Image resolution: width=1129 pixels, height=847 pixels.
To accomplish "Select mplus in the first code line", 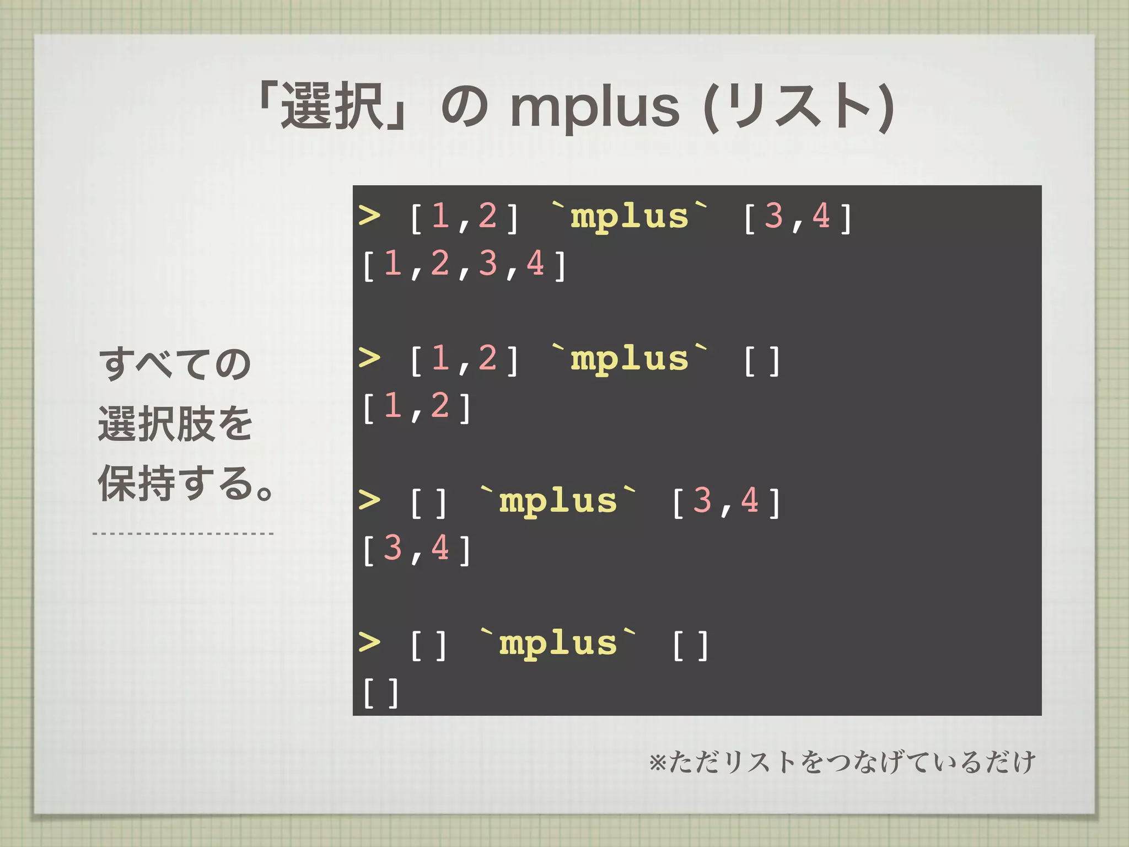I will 630,216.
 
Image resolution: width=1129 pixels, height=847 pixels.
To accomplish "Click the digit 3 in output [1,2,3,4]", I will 488,263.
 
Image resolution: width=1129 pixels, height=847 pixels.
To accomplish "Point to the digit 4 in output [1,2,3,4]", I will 535,263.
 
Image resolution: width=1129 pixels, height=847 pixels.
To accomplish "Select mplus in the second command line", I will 630,359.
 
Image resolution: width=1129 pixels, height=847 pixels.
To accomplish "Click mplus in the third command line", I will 558,501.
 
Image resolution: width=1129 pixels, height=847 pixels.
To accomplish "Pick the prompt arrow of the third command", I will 369,500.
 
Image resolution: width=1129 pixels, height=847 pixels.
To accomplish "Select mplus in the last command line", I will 558,644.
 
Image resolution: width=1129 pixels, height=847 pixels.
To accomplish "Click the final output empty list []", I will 380,693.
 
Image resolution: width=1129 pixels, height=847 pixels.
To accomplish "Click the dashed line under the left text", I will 183,534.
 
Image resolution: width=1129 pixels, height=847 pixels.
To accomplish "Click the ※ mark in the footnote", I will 658,763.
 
